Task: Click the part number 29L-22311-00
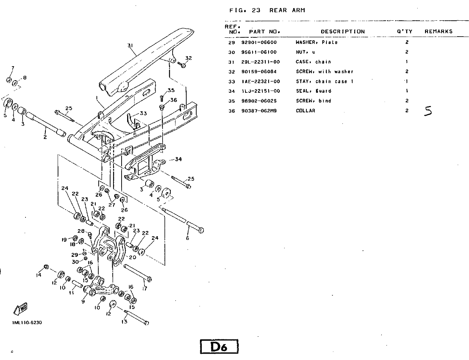261,62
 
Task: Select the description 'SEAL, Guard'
313,91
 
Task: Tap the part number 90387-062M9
259,111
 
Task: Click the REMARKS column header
438,31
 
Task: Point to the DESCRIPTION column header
343,32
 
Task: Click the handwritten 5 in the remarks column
428,111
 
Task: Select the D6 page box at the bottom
219,346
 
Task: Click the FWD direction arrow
21,309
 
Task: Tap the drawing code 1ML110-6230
27,322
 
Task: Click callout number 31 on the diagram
130,45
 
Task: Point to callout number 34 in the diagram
178,159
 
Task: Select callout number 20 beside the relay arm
132,257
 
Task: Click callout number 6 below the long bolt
187,238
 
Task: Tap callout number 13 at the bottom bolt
125,322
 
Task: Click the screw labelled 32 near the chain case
182,64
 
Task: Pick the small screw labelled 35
162,98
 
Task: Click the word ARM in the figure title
299,10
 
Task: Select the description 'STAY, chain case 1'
324,82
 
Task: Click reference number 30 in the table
231,52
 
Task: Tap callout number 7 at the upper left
13,68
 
